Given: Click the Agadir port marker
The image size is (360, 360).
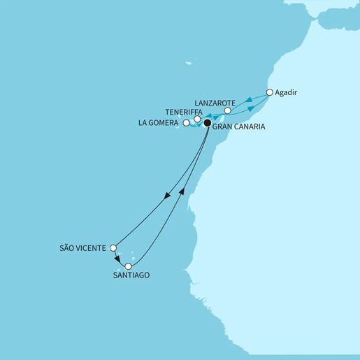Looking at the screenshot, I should coord(270,93).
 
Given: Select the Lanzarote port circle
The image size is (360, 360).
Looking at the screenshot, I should coord(227,111).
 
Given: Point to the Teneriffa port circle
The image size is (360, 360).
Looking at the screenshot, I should coord(198,120).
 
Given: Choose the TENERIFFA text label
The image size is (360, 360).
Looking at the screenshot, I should coord(184,111).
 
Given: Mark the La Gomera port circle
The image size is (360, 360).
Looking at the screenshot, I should coord(186,124).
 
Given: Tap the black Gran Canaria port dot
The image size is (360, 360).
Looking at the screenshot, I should coord(207,124).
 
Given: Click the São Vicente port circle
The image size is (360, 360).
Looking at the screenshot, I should coord(114,247).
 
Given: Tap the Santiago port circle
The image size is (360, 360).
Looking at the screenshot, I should coord(128,266).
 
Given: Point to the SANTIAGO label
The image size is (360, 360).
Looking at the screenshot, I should coord(130,276).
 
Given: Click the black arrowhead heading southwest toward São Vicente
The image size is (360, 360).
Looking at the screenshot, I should coord(167,198).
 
